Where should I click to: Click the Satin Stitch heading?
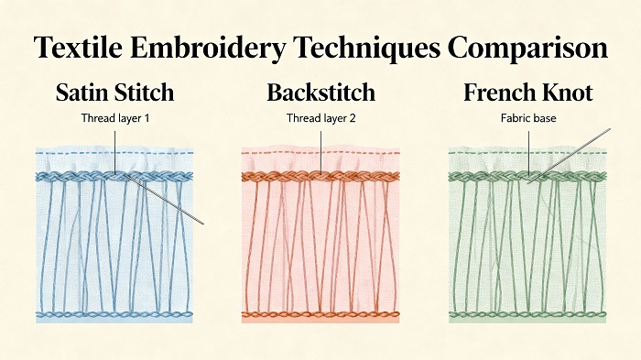(114, 93)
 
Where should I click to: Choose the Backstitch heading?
(320, 93)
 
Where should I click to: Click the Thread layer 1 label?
(114, 118)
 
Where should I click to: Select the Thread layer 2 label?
(320, 118)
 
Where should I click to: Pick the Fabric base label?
(527, 118)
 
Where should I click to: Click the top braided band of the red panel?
(275, 175)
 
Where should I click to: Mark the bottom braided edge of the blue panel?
(114, 315)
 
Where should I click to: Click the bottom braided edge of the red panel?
(320, 315)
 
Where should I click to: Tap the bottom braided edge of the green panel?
(527, 315)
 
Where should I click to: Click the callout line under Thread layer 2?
(320, 147)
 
